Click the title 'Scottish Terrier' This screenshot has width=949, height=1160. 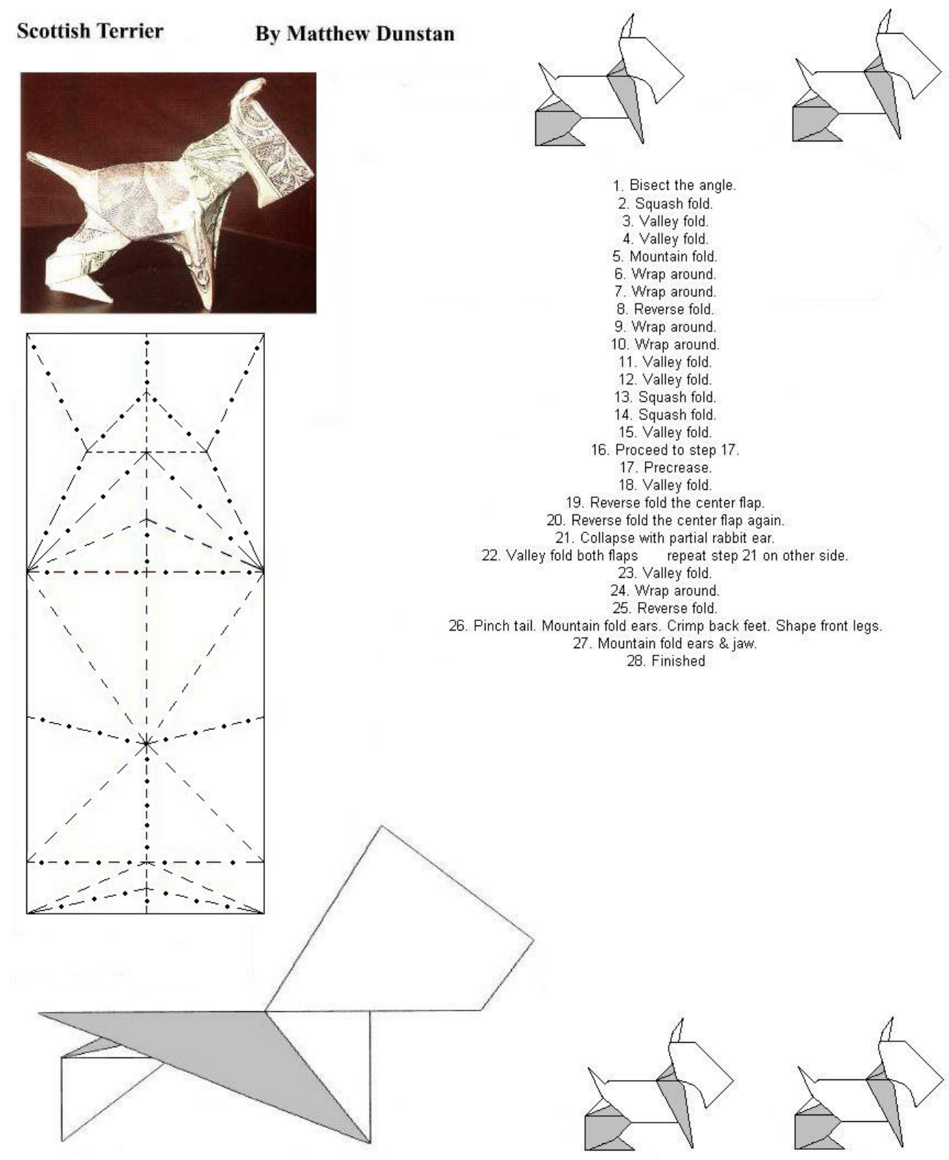[x=89, y=31]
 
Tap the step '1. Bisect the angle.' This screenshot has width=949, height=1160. [x=674, y=185]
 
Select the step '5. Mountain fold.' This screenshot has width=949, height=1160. [x=674, y=256]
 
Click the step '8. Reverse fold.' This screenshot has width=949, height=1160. [x=674, y=309]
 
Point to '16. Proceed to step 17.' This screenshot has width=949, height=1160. [x=665, y=450]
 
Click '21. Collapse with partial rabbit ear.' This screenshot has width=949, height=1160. [x=665, y=538]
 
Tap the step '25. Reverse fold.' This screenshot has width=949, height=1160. [x=665, y=608]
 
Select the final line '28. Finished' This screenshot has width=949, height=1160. [x=665, y=661]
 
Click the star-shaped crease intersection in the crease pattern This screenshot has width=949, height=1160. [x=146, y=743]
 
